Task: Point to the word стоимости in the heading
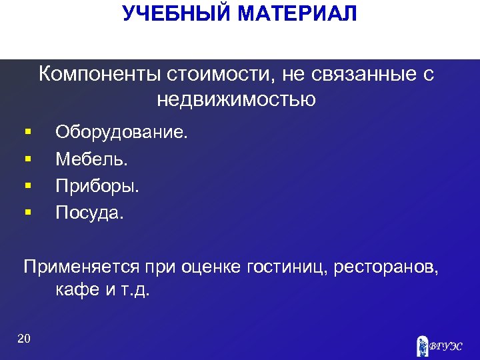pos(207,75)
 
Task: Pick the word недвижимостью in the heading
pos(237,100)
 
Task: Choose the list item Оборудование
pos(122,133)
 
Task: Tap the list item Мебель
pos(91,160)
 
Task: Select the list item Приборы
pos(97,187)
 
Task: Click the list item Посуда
pos(90,213)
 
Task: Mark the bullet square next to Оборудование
pos(27,133)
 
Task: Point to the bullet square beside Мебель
pos(27,160)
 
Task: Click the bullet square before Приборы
pos(27,187)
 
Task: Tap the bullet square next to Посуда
pos(27,213)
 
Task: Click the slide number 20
pos(24,339)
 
